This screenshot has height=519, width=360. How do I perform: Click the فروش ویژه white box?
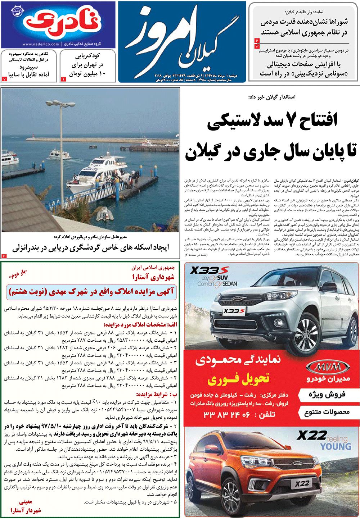coord(327,395)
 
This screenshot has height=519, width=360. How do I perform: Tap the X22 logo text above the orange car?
coord(312,436)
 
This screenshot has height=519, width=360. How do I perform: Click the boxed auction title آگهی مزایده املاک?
coord(91,291)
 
